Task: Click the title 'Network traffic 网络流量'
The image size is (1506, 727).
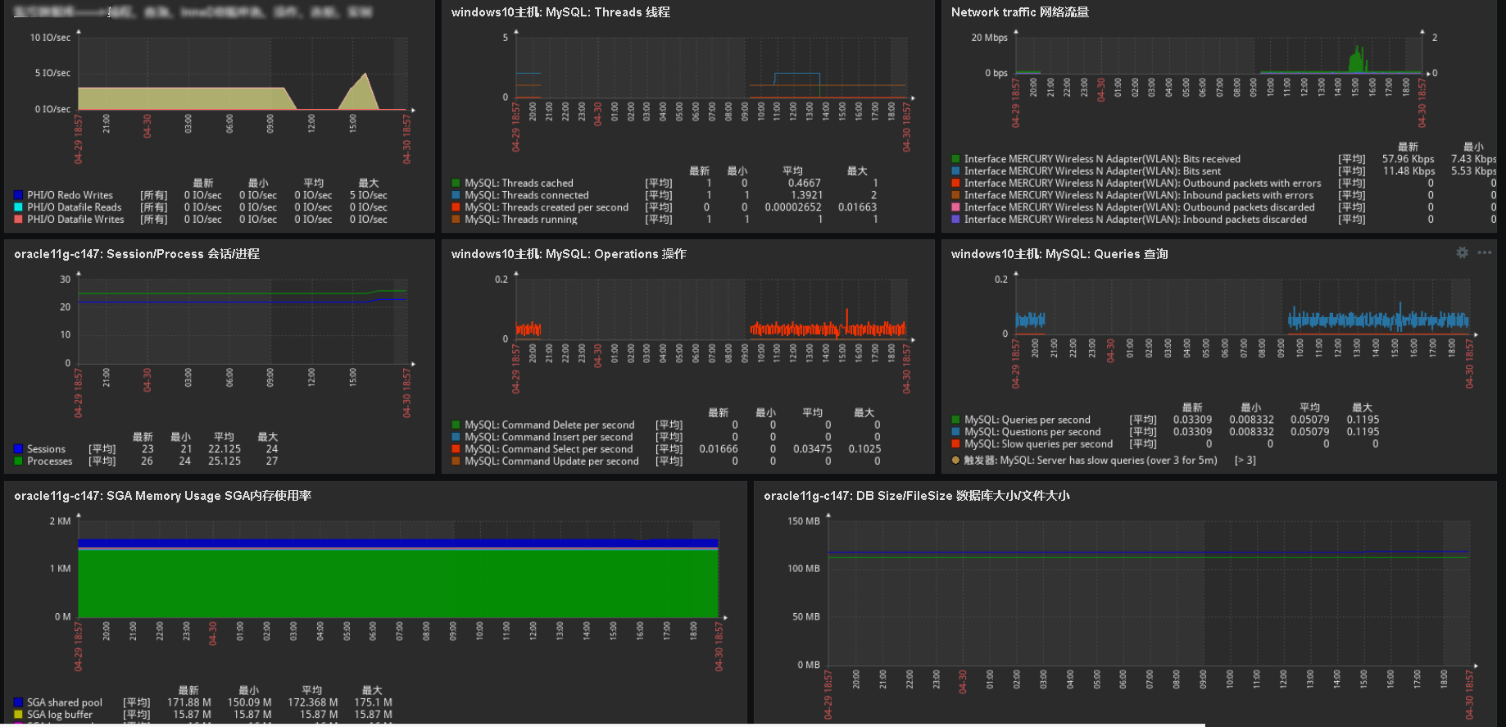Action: (x=1019, y=12)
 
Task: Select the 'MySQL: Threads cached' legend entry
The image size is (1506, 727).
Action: (x=518, y=183)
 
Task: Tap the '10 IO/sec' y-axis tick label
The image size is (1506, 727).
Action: (x=50, y=38)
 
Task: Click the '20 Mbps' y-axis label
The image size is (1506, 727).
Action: (x=989, y=38)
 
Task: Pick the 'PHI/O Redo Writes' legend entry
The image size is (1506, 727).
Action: (x=70, y=195)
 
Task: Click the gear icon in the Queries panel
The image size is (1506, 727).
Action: (x=1462, y=253)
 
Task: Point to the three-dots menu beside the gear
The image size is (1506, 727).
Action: (x=1484, y=253)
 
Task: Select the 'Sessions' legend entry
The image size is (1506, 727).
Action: (x=46, y=449)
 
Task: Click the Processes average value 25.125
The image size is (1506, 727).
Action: (x=224, y=461)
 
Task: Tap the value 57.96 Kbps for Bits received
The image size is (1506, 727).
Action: (x=1408, y=159)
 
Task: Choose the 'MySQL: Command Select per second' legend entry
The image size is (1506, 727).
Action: (x=548, y=449)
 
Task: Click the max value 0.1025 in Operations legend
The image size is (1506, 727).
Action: (x=864, y=449)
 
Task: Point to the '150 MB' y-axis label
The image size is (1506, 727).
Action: (x=803, y=521)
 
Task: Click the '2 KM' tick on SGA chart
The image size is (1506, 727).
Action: (x=60, y=521)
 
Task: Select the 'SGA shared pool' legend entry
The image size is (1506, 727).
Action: (x=64, y=702)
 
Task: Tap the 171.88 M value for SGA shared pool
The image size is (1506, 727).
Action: (x=188, y=702)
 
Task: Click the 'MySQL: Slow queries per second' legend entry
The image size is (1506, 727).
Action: (x=1038, y=444)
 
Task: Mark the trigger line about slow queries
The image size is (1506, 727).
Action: (x=1090, y=461)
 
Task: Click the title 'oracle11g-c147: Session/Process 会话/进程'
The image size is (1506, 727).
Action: (x=136, y=254)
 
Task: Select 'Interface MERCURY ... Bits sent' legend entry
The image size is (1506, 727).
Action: (x=1091, y=171)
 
